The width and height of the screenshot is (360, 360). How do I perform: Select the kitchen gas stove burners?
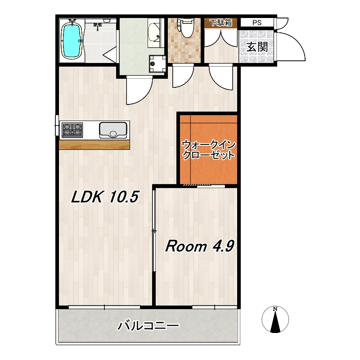click(72, 130)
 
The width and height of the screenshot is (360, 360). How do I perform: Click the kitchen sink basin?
click(113, 130)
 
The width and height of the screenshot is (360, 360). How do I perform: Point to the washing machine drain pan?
click(157, 63)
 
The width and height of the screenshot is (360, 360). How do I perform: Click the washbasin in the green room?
click(154, 33)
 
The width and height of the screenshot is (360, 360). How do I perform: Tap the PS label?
click(257, 23)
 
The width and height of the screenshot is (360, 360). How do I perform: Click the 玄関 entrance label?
click(257, 47)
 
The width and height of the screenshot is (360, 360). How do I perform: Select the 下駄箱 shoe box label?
click(221, 22)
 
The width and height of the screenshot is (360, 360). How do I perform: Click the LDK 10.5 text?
click(105, 197)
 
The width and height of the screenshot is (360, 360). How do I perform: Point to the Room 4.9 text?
click(199, 246)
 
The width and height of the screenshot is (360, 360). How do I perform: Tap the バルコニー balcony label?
click(148, 326)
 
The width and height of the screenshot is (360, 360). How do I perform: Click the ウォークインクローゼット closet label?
click(208, 150)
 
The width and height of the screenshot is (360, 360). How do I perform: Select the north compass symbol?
click(275, 319)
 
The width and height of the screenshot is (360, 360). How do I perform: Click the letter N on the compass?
click(275, 309)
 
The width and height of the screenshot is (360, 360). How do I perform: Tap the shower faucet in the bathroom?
click(98, 26)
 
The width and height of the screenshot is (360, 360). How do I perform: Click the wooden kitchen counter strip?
click(94, 144)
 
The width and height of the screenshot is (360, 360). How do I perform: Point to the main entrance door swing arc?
click(296, 41)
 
